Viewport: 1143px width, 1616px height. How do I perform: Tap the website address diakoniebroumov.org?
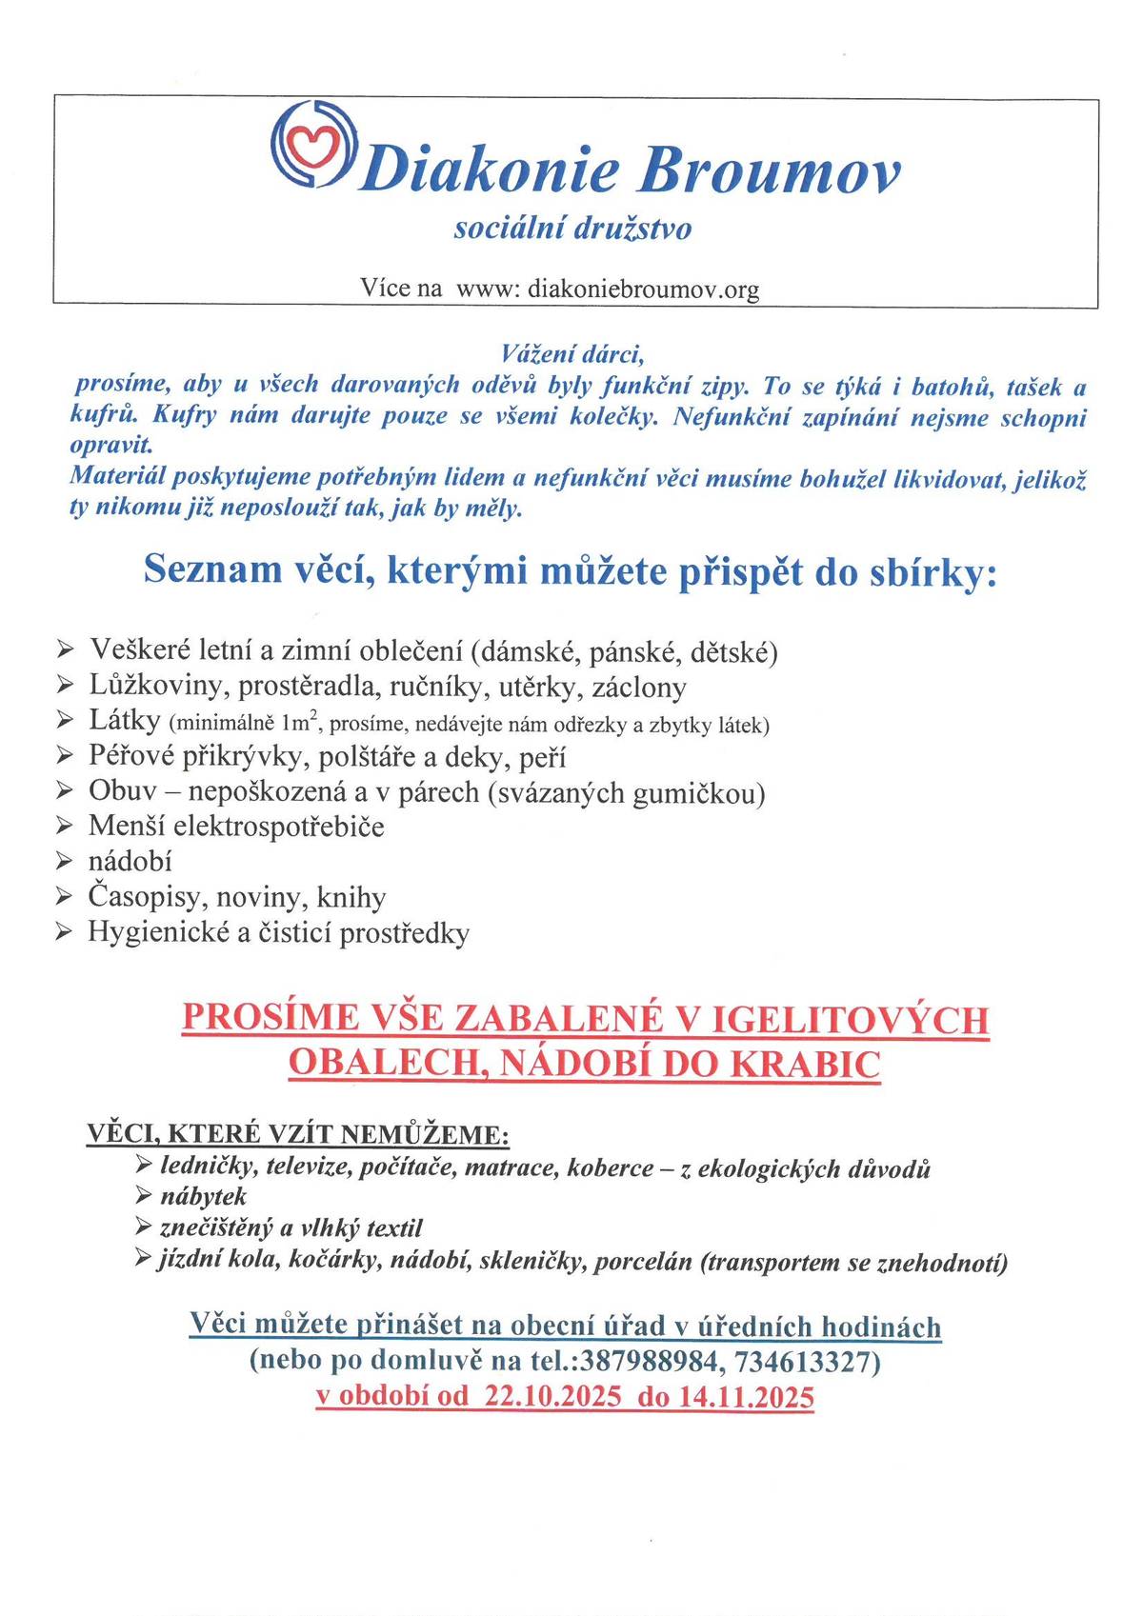pyautogui.click(x=643, y=289)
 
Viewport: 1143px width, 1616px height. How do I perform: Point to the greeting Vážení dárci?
pyautogui.click(x=572, y=353)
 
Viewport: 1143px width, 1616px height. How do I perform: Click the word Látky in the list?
pyautogui.click(x=124, y=721)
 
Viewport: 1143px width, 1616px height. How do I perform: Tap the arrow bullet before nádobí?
pyautogui.click(x=65, y=861)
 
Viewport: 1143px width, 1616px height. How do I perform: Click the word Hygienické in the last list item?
pyautogui.click(x=158, y=932)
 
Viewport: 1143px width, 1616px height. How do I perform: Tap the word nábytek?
pyautogui.click(x=203, y=1196)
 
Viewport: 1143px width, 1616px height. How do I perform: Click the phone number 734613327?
pyautogui.click(x=804, y=1362)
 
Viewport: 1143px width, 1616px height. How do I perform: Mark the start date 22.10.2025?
pyautogui.click(x=552, y=1397)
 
